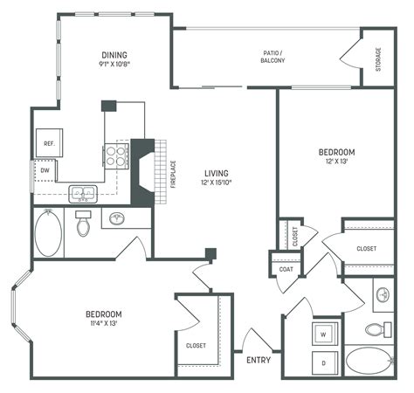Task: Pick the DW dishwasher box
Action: tap(45, 170)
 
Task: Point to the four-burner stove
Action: tap(116, 155)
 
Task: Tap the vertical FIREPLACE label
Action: tap(173, 174)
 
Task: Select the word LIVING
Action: tap(215, 172)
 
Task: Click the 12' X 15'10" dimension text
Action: tap(215, 183)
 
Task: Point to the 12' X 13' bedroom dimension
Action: tap(335, 162)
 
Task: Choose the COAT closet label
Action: tap(286, 269)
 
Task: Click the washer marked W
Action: tap(324, 334)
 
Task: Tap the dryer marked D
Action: tap(324, 362)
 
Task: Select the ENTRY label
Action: tap(258, 361)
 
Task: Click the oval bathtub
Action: tap(47, 233)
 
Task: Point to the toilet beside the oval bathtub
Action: tap(84, 225)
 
